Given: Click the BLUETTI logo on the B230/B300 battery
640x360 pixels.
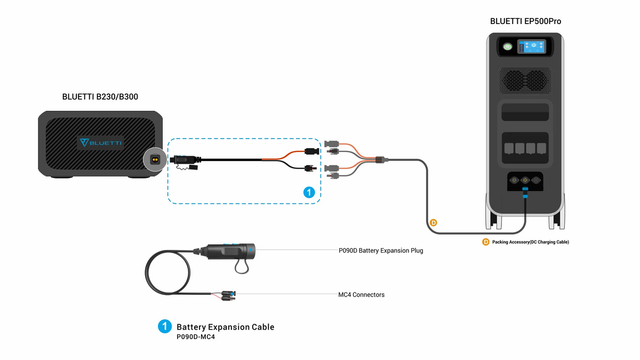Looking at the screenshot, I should [x=101, y=142].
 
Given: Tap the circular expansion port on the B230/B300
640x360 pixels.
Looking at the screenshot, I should [x=154, y=159].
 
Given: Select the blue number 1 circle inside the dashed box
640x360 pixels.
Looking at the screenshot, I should [x=309, y=193].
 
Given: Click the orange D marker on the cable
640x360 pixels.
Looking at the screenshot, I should [x=433, y=222].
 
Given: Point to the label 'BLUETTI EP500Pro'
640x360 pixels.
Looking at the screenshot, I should [x=525, y=22].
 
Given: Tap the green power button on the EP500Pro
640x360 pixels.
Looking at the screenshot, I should [x=508, y=47].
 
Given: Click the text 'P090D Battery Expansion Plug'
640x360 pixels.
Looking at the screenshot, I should [x=380, y=250].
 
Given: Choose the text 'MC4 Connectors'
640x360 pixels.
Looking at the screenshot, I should [x=361, y=294].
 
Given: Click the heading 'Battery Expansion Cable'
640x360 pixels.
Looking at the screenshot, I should [x=225, y=327].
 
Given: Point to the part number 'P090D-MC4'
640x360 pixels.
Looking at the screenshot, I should [x=195, y=337].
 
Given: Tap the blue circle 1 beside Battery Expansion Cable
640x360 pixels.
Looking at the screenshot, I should [x=165, y=326].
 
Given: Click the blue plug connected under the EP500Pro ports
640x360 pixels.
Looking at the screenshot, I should [x=525, y=191].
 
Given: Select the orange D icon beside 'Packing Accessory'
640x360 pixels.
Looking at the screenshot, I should [x=485, y=242].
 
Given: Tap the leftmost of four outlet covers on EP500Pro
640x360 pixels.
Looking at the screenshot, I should [x=508, y=148].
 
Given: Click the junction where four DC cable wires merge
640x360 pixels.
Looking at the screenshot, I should [x=380, y=159].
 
